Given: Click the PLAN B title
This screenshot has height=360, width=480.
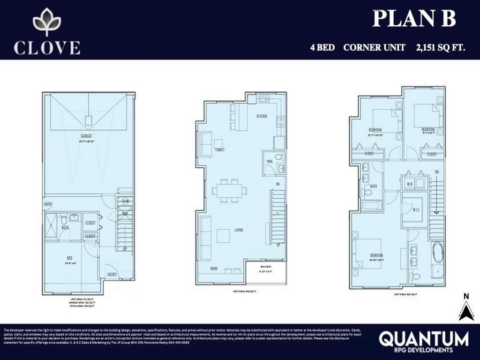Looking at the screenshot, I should (414, 18).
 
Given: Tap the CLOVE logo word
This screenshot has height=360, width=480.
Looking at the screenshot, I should (47, 47).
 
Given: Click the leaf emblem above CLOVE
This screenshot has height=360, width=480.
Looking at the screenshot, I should (46, 22).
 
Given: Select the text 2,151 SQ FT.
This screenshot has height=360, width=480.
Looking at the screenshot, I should (440, 47).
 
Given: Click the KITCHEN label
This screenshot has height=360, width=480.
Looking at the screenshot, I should (262, 116).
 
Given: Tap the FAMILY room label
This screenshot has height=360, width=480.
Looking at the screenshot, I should (220, 150).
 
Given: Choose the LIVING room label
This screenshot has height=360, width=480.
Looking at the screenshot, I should (239, 230).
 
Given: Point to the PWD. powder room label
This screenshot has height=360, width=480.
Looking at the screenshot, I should (270, 162).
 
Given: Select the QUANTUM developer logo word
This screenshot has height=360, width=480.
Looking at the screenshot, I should (423, 338).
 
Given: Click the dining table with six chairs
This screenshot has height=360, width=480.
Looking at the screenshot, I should (229, 191).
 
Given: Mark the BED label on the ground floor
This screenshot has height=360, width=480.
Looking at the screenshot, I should (69, 257).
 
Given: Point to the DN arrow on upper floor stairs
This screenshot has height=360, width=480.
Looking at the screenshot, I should (436, 197).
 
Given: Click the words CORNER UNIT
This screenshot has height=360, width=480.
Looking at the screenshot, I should (374, 47).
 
